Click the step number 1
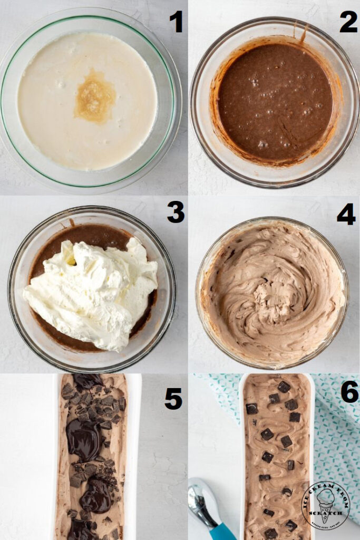click(x=176, y=22)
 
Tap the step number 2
click(x=348, y=22)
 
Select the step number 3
click(x=176, y=212)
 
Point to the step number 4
click(x=346, y=214)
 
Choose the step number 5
click(x=173, y=399)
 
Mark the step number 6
click(x=349, y=392)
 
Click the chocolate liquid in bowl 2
click(x=274, y=100)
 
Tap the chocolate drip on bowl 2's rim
click(x=304, y=35)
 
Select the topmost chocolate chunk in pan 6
click(x=284, y=387)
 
